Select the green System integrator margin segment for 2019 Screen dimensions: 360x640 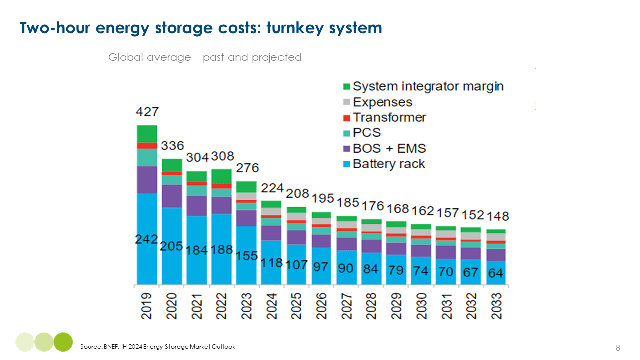tap(147, 134)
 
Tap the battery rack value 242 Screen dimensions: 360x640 tap(147, 239)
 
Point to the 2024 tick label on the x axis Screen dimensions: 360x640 tap(271, 305)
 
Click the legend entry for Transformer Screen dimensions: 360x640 tap(389, 118)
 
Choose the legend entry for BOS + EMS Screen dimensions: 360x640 tap(389, 148)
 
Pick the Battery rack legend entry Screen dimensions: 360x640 tap(388, 164)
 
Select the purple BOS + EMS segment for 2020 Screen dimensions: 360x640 tap(172, 196)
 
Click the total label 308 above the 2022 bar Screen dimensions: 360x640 tap(222, 156)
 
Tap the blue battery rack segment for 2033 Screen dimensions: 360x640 tap(496, 274)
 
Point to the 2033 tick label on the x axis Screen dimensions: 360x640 tap(496, 305)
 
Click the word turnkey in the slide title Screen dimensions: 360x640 tap(294, 28)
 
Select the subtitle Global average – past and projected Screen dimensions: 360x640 tap(205, 57)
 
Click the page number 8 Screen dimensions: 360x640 tap(618, 348)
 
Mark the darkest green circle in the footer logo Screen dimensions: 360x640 tap(63, 342)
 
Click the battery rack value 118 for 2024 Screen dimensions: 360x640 tap(271, 262)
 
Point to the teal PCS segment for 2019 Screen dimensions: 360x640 tap(147, 157)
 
